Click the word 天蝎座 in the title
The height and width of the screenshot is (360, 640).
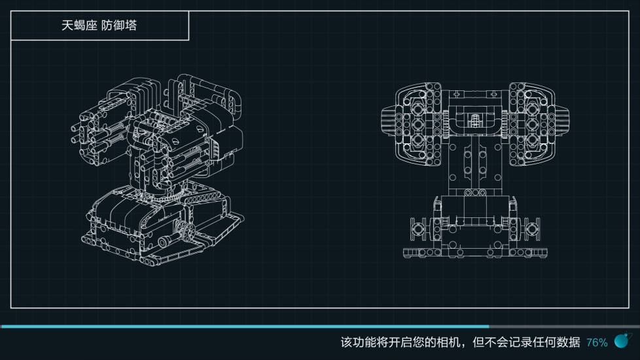coord(79,26)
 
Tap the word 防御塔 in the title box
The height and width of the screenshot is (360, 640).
coord(119,26)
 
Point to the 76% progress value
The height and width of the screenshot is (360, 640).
coord(597,342)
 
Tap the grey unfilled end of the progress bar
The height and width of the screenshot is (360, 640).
coord(565,327)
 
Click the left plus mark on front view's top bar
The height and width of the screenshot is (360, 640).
coord(457,94)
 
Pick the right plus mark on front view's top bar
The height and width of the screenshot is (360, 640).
coord(494,94)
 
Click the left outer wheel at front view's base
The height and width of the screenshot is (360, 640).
coord(418,228)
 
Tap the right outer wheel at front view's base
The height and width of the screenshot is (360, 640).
coord(532,228)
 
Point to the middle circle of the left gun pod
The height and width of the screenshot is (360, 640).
coord(417,124)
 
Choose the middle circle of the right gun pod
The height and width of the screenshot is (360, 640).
coord(532,124)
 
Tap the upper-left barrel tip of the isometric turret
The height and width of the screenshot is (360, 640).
coord(75,128)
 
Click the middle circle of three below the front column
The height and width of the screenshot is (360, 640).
coord(475,192)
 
